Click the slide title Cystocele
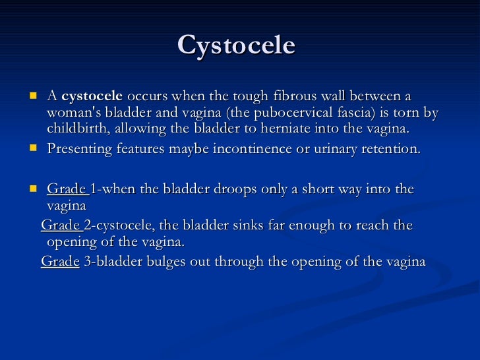point(236,45)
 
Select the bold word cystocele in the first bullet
point(92,96)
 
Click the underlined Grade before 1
point(67,189)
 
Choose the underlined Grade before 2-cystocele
point(61,225)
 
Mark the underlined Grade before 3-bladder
point(60,261)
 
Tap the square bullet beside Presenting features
point(32,148)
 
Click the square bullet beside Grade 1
point(32,189)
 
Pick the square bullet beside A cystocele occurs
point(32,96)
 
